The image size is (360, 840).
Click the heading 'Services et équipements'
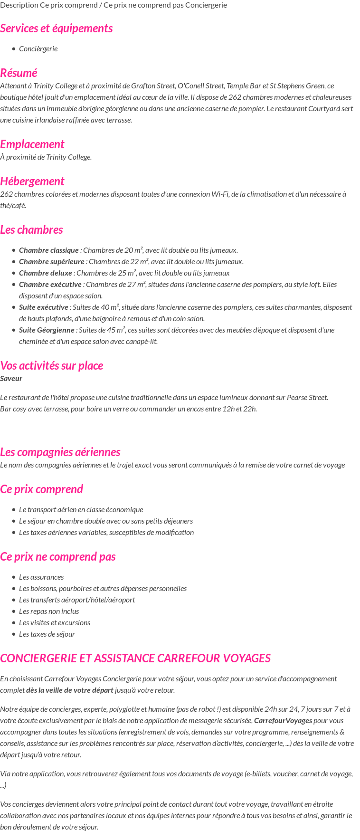[x=56, y=29]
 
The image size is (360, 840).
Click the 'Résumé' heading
[x=19, y=73]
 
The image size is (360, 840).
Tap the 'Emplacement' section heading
[x=32, y=144]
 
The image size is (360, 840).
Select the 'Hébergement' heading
[x=32, y=181]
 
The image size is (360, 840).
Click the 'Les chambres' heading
[x=31, y=230]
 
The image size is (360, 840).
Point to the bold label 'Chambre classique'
[x=49, y=250]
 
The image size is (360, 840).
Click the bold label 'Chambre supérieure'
[x=52, y=262]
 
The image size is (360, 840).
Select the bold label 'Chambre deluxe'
[x=46, y=273]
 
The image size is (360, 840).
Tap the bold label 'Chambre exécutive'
[x=50, y=285]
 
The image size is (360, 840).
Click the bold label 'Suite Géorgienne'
[x=47, y=330]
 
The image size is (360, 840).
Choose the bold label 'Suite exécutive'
[x=44, y=307]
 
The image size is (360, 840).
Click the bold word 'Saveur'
[x=11, y=379]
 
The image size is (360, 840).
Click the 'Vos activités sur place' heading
[x=51, y=366]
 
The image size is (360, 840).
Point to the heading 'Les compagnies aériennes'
[x=60, y=452]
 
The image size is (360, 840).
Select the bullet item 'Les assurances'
[x=41, y=577]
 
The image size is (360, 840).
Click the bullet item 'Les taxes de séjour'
[x=47, y=634]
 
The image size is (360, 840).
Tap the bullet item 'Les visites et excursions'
[x=55, y=623]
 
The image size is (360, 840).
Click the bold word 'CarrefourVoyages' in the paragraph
[x=283, y=721]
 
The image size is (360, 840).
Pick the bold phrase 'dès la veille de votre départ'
[x=70, y=690]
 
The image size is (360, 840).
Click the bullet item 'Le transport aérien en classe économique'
[x=81, y=510]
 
